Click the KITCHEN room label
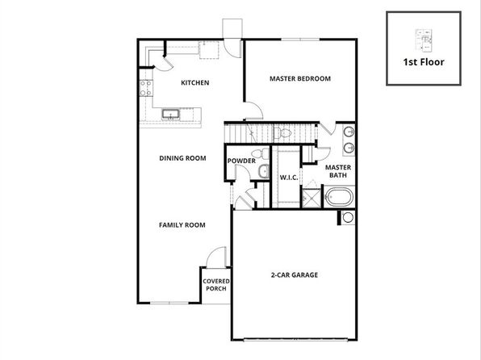click(194, 82)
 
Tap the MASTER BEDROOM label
click(300, 78)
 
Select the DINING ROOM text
click(182, 158)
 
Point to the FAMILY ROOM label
click(182, 225)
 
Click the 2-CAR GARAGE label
click(295, 274)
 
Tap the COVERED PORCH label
click(216, 285)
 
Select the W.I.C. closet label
click(289, 178)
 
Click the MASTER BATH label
click(338, 171)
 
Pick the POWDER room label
click(241, 161)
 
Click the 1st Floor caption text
click(424, 62)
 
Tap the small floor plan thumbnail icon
click(424, 40)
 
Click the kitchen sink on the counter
click(170, 114)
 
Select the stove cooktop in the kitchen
click(146, 88)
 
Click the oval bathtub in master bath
click(339, 197)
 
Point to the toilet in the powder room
click(260, 153)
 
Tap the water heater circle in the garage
click(348, 217)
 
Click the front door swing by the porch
click(216, 257)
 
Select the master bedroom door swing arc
click(254, 111)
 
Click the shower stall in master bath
click(312, 199)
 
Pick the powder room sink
click(264, 172)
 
